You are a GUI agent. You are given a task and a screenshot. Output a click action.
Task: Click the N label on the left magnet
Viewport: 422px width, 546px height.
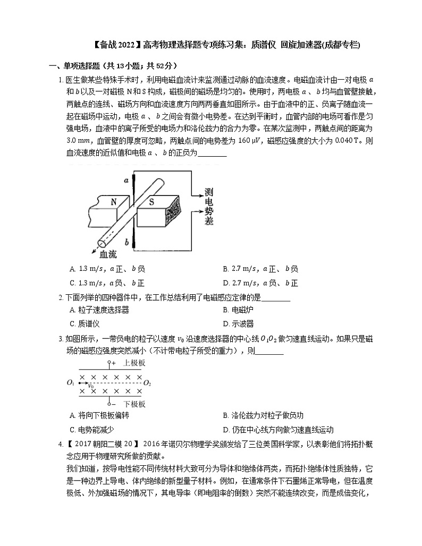pos(113,202)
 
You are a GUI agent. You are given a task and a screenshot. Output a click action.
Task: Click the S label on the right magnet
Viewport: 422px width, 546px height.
pos(151,202)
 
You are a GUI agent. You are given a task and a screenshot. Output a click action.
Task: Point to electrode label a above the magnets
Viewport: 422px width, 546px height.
pos(126,180)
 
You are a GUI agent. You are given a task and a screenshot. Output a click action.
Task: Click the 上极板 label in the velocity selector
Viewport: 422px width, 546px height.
pos(134,363)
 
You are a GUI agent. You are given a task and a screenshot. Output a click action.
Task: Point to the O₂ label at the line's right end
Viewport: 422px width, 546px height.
pos(147,382)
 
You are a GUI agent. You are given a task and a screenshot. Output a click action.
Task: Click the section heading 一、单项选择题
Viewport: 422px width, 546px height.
pos(73,66)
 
